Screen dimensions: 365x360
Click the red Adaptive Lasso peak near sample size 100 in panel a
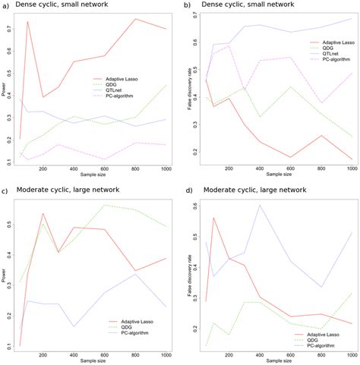coord(27,22)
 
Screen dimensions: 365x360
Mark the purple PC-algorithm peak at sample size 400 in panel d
coord(258,205)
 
